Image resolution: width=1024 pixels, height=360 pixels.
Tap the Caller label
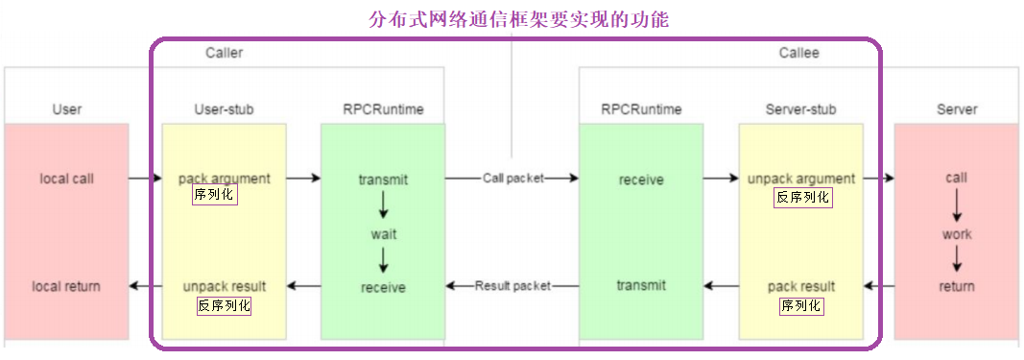coord(224,53)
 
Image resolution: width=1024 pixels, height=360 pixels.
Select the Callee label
coord(798,53)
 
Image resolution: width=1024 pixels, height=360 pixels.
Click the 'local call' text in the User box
coord(66,178)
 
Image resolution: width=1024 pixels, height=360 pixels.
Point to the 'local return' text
coord(66,286)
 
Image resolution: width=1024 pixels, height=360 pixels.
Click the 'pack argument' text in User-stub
coord(224,178)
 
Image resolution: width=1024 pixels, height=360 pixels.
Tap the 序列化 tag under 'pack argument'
coord(214,195)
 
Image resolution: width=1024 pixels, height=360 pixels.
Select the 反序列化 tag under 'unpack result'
coord(224,305)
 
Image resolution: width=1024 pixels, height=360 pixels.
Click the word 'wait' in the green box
coord(383,233)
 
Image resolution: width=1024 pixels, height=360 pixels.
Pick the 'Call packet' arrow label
coord(512,178)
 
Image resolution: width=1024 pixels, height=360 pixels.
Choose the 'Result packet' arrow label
coord(512,286)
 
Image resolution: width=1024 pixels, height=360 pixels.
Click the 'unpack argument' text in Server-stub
coord(800,178)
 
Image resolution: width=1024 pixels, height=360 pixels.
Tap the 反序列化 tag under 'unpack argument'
coord(802,197)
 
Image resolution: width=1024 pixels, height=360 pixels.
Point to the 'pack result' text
coord(800,286)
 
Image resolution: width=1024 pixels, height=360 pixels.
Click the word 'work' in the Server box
coord(956,233)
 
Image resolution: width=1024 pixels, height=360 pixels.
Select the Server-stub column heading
coord(800,109)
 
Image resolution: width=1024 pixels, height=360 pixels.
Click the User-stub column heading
coord(224,109)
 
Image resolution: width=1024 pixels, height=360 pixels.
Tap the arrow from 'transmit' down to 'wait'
coord(383,205)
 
